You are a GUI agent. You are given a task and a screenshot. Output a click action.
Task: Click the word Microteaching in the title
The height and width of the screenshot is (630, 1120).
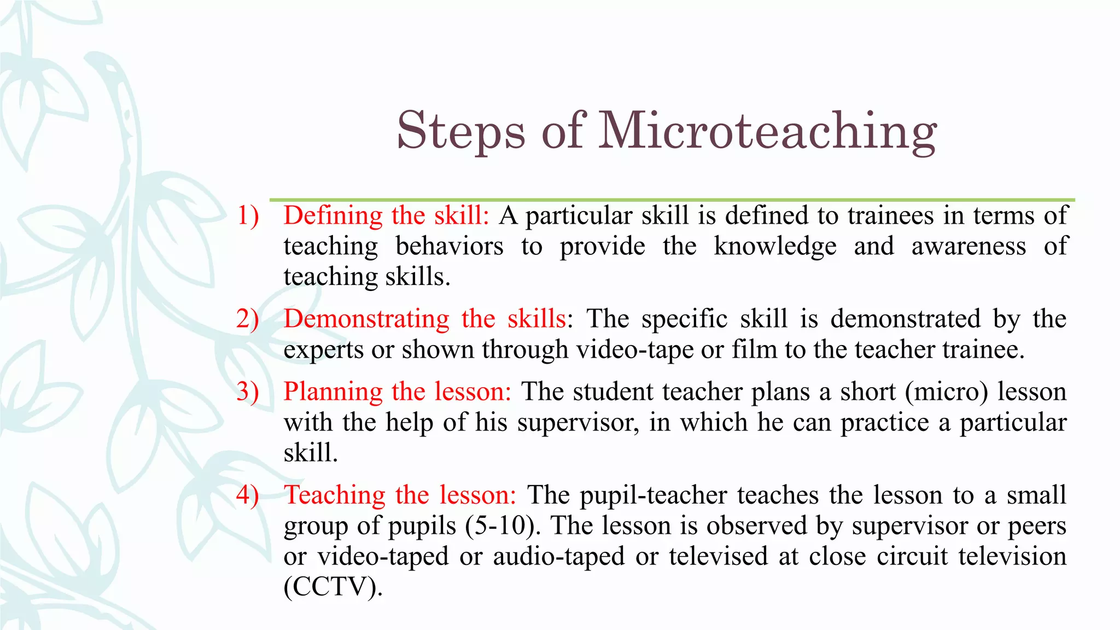tap(768, 131)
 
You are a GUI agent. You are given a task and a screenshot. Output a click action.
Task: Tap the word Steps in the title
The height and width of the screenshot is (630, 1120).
tap(461, 131)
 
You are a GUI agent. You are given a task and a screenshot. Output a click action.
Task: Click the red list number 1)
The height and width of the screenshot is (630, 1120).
tap(248, 215)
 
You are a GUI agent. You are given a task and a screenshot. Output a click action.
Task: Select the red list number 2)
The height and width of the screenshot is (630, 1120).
tap(248, 319)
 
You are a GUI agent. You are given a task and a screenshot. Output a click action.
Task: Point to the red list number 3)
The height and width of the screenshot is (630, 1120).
tap(248, 392)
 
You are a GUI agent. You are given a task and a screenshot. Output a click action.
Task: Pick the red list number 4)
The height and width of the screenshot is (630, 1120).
tap(248, 495)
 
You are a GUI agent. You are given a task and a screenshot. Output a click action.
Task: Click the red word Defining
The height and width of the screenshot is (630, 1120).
tap(333, 215)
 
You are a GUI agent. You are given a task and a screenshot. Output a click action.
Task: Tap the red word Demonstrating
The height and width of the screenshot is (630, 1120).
tap(366, 319)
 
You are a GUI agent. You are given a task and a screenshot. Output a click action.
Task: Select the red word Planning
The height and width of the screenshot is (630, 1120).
tap(333, 392)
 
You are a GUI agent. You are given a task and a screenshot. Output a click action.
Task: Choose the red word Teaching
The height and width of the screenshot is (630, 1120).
tap(335, 495)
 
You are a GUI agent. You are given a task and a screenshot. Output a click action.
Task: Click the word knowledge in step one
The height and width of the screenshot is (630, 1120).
tap(775, 246)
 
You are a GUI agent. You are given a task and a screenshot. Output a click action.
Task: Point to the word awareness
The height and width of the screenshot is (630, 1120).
tap(969, 246)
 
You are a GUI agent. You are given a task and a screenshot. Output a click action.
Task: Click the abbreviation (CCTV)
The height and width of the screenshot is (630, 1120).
tap(333, 587)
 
